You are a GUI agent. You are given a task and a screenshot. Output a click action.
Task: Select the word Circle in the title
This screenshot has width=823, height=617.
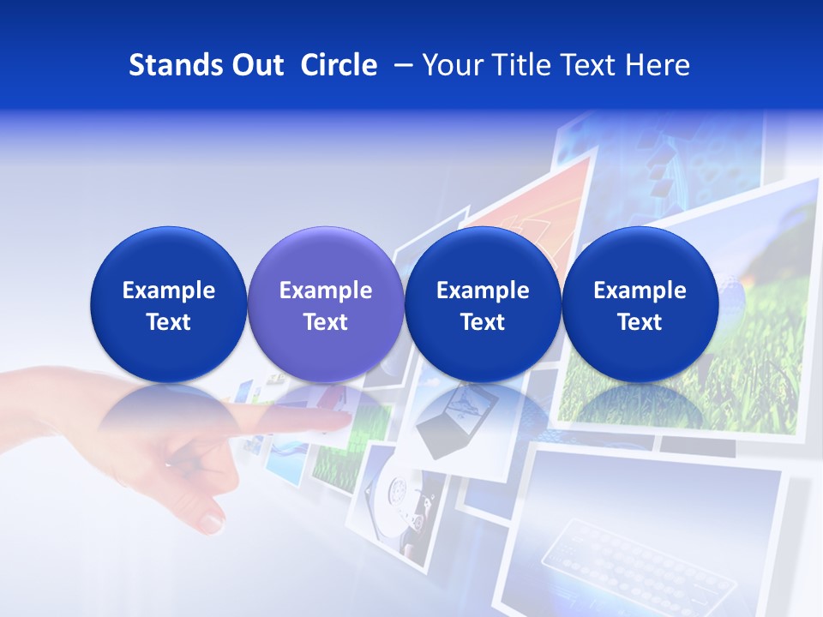[339, 65]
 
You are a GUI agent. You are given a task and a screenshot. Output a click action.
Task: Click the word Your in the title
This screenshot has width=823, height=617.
[454, 65]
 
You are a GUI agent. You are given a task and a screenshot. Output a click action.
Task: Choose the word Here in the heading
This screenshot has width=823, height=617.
[657, 65]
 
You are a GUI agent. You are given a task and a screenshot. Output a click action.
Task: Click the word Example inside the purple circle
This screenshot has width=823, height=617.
[326, 291]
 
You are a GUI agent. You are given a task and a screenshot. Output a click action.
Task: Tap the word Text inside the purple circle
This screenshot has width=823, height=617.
[326, 322]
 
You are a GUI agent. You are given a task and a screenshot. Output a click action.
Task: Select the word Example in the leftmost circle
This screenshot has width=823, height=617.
[169, 291]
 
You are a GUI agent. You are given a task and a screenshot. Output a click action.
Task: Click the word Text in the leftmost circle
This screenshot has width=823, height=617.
[169, 322]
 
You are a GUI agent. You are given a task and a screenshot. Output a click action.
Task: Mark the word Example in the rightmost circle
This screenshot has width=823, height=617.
[640, 291]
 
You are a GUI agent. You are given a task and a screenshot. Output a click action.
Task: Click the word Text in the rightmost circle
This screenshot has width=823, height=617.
[640, 322]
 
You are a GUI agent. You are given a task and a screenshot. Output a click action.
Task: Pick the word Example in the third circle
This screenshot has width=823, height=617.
[483, 291]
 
